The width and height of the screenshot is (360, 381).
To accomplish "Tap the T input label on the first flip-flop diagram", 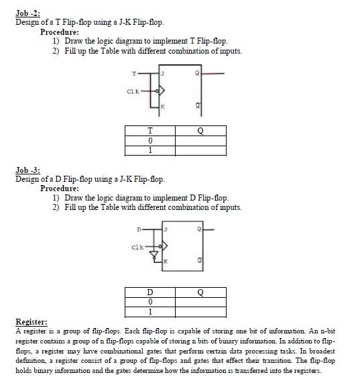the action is tap(134, 73).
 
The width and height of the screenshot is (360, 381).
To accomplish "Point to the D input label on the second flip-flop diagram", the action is tap(139, 231).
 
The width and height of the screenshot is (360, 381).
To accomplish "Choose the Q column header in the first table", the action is tap(200, 131).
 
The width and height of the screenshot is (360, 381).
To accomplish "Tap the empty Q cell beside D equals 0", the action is tap(200, 302).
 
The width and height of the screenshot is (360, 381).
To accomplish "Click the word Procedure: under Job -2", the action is tap(60, 32).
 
